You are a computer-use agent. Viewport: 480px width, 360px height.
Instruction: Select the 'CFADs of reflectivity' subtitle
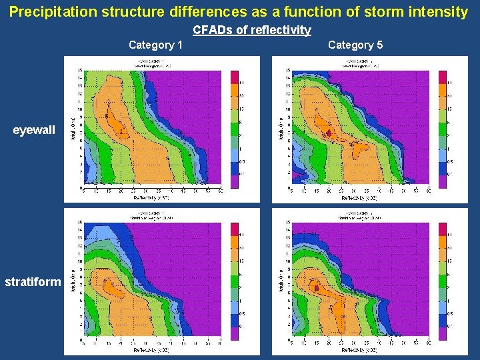(252, 30)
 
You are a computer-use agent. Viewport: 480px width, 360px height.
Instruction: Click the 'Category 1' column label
(156, 45)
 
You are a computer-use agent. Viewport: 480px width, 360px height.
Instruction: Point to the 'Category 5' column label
(355, 45)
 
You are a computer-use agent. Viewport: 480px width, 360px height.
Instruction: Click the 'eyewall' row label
(35, 130)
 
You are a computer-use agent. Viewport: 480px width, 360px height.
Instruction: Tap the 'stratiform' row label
(33, 282)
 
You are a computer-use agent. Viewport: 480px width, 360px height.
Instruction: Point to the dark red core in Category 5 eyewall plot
(328, 134)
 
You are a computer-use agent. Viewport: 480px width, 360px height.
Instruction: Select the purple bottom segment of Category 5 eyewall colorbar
(443, 179)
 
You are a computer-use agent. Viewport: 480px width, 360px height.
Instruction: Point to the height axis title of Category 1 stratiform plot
(71, 283)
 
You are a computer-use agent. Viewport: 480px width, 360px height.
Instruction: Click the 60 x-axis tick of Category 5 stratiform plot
(428, 344)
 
